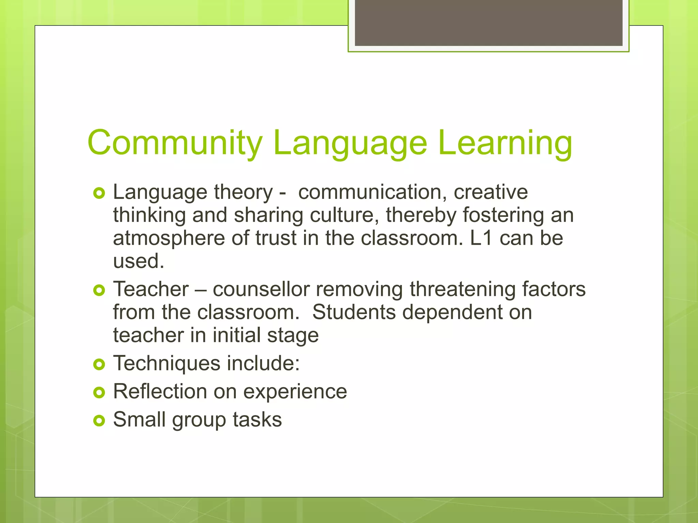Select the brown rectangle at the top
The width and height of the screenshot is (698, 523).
pyautogui.click(x=488, y=22)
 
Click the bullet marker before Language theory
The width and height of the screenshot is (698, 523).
pyautogui.click(x=99, y=193)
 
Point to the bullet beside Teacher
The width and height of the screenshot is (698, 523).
pyautogui.click(x=99, y=290)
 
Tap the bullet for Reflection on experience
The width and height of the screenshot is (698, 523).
pyautogui.click(x=99, y=393)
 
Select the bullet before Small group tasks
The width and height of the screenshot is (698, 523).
pyautogui.click(x=99, y=421)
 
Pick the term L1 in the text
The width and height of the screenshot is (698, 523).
pyautogui.click(x=481, y=238)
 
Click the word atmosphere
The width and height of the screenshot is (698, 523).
pyautogui.click(x=169, y=238)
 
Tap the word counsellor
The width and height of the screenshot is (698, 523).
pyautogui.click(x=261, y=289)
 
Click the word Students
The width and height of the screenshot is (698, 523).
pyautogui.click(x=354, y=312)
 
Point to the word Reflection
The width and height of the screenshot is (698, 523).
pyautogui.click(x=160, y=392)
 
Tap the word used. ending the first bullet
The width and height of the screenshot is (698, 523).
pyautogui.click(x=139, y=261)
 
